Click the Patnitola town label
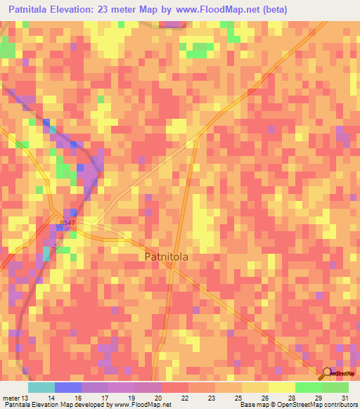click(175, 257)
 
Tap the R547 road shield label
click(66, 223)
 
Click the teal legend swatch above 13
click(41, 387)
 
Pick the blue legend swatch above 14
click(68, 387)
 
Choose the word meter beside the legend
click(11, 397)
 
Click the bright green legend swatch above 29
click(309, 387)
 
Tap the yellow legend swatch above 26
click(255, 387)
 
